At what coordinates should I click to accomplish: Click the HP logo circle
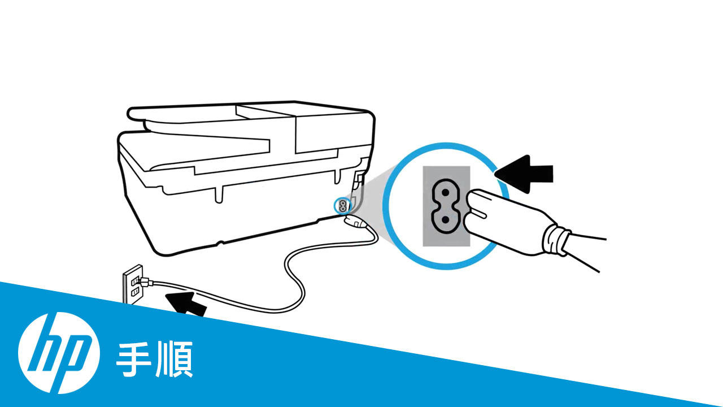59,353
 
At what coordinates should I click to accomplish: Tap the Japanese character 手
134,359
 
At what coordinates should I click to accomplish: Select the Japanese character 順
175,359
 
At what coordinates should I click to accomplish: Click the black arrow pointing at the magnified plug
524,174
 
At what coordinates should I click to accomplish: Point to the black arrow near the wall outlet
186,303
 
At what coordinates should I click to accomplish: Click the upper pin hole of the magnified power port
446,193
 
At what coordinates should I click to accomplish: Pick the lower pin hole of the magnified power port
446,220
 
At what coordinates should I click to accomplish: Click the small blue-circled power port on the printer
342,205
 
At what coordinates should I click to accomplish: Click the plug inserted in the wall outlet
145,282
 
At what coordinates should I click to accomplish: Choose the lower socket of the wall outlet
135,293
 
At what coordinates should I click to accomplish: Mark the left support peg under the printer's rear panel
219,195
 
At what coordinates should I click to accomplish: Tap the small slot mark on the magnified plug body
478,214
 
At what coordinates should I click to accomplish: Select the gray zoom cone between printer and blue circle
371,200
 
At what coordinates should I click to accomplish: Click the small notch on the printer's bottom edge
220,243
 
